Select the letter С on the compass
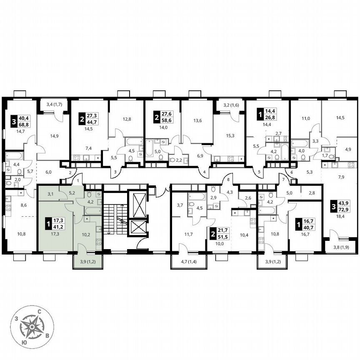39,311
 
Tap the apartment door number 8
228,180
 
